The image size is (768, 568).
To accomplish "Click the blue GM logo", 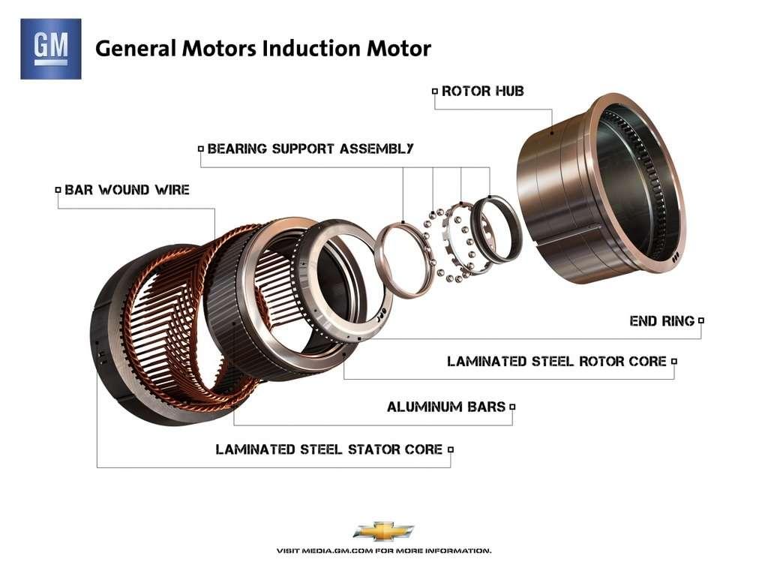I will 50,49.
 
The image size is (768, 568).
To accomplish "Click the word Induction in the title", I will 301,49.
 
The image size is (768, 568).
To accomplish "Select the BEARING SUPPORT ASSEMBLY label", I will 310,149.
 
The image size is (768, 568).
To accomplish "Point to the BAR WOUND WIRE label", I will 127,190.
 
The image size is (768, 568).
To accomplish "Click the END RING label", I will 662,321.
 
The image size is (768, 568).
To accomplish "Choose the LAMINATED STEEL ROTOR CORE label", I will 556,362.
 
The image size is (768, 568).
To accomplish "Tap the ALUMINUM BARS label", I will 446,407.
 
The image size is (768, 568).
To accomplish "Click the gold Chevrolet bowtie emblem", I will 383,530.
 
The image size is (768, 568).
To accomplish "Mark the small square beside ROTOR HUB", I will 434,92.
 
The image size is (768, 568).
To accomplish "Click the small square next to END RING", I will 701,320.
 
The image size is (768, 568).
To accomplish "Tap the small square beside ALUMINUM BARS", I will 512,407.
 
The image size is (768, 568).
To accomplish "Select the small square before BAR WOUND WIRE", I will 58,190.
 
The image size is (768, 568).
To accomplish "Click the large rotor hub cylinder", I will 600,188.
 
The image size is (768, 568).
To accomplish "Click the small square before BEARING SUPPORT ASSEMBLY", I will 200,149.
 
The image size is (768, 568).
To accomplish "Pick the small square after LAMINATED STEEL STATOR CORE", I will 451,449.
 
